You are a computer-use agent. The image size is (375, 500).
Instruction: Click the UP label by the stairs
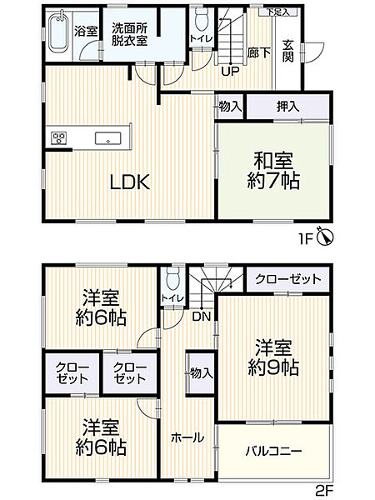point(230,70)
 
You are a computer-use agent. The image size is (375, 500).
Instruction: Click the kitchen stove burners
point(58,138)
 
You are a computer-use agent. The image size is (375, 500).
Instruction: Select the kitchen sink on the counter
point(108,138)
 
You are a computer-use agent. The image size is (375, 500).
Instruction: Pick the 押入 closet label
point(289,107)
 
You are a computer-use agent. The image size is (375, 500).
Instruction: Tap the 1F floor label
point(308,237)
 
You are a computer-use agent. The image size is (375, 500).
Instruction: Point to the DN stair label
point(200,316)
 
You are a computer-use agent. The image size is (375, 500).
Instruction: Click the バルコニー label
point(273,451)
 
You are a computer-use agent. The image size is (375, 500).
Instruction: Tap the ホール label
point(184,437)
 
